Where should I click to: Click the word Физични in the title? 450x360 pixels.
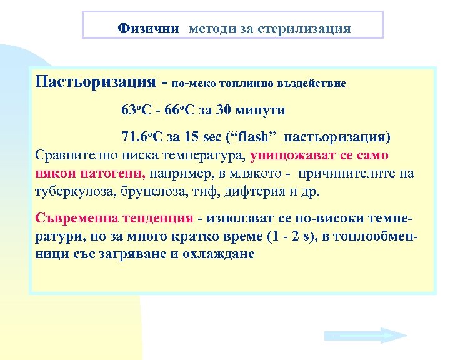click(148, 29)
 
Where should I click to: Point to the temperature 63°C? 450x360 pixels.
click(136, 111)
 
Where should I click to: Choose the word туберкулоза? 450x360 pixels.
click(73, 191)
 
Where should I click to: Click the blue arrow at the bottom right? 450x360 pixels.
click(366, 336)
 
